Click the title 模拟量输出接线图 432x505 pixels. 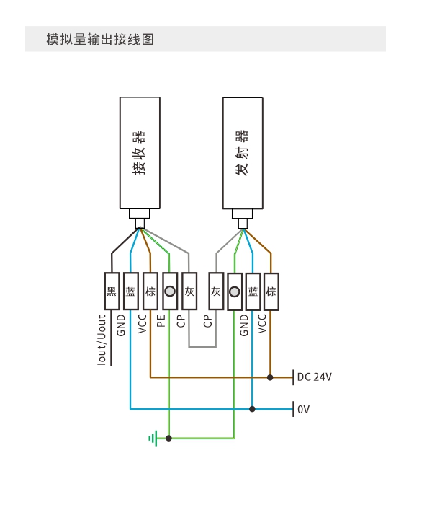(100, 39)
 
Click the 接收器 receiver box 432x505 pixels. (140, 153)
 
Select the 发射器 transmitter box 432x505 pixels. (243, 153)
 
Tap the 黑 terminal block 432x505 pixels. (112, 291)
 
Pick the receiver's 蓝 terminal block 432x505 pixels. (131, 291)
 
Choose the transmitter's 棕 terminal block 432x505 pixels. (271, 291)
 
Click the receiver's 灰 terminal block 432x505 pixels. (189, 291)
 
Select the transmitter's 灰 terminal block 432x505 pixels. (216, 291)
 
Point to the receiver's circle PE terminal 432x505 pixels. (170, 291)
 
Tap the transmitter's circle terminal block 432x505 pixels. (235, 291)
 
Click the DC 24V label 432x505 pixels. (315, 377)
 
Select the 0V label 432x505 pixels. (303, 409)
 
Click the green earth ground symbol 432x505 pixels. (153, 438)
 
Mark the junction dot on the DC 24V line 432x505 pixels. (270, 377)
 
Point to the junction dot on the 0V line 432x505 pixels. (252, 409)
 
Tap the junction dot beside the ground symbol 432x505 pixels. (168, 438)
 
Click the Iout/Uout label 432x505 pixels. (102, 340)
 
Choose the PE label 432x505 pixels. (161, 321)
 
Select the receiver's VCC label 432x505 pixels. (142, 324)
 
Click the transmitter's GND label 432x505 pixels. (244, 325)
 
